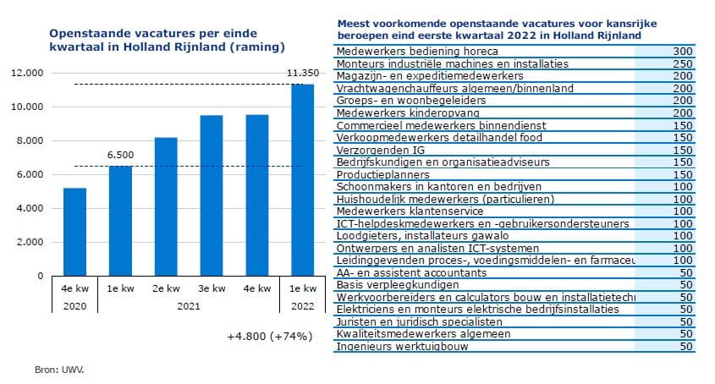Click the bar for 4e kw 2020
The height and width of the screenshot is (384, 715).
[74, 232]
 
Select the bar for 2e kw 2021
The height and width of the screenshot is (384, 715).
[166, 206]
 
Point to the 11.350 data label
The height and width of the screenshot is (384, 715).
[302, 74]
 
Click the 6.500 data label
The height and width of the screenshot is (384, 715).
[120, 156]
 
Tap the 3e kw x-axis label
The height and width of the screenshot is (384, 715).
[212, 289]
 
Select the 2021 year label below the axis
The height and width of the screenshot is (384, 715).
[189, 306]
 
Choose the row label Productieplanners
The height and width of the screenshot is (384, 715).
[374, 174]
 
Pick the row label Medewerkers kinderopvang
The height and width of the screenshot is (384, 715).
[396, 112]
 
